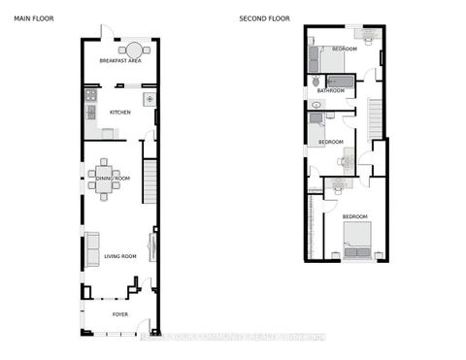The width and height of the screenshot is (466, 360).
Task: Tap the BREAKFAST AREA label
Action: coord(120,61)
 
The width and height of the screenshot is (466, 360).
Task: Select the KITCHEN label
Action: coord(120,113)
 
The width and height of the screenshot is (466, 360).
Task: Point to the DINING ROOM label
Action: coord(112,179)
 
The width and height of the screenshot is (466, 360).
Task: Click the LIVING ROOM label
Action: coord(119,256)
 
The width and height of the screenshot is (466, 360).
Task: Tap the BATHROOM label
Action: coord(331,91)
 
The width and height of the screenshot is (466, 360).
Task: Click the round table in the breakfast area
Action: coord(129,49)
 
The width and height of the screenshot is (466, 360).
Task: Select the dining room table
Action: coord(105,179)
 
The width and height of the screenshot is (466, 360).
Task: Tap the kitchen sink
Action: coord(150,99)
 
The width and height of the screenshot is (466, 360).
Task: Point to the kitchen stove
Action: coord(90,96)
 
